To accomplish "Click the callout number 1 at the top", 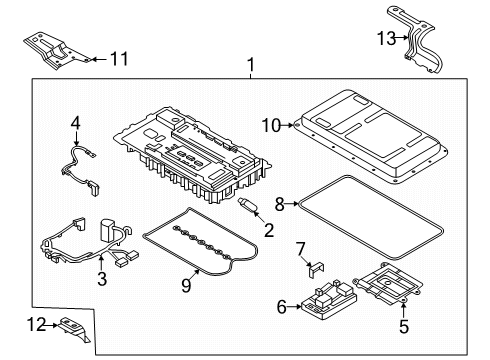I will (x=251, y=67).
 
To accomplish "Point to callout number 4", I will (x=74, y=123).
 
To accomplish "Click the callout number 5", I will (x=403, y=324).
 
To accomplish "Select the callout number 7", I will (x=300, y=247).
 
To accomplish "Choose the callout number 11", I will (x=119, y=59).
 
